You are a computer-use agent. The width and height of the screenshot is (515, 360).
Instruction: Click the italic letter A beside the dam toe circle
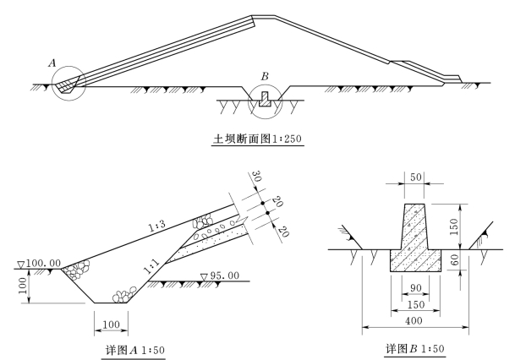(52, 63)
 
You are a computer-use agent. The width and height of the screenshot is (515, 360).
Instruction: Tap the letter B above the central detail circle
(265, 76)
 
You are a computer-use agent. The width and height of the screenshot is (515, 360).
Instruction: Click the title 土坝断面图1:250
(257, 139)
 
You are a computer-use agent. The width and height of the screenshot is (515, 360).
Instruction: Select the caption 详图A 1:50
(135, 350)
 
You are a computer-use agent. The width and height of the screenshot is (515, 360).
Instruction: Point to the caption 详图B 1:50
(415, 348)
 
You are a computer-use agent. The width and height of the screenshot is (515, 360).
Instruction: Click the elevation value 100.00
(43, 263)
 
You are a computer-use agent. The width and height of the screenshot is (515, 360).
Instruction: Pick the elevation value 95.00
(225, 275)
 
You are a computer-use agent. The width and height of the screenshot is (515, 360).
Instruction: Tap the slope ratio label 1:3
(157, 226)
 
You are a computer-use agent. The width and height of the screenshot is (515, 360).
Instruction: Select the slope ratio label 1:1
(151, 266)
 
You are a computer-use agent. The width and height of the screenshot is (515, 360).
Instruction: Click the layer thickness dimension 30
(257, 176)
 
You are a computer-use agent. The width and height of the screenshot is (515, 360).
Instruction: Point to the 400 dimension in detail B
(414, 320)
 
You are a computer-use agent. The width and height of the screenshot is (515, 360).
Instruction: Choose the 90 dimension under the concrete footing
(416, 288)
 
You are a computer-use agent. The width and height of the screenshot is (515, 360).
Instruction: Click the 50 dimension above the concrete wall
(416, 177)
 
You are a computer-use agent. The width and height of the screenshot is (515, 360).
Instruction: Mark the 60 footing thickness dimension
(454, 260)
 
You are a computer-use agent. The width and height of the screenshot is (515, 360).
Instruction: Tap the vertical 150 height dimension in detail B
(454, 226)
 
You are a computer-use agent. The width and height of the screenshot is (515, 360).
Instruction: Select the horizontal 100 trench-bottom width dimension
(111, 325)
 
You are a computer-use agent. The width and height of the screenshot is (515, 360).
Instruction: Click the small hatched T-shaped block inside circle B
(265, 99)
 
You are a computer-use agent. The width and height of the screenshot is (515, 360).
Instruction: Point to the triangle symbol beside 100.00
(21, 265)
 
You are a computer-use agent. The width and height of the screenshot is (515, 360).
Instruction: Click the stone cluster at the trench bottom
(124, 295)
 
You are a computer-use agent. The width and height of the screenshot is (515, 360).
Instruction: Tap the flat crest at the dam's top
(263, 15)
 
